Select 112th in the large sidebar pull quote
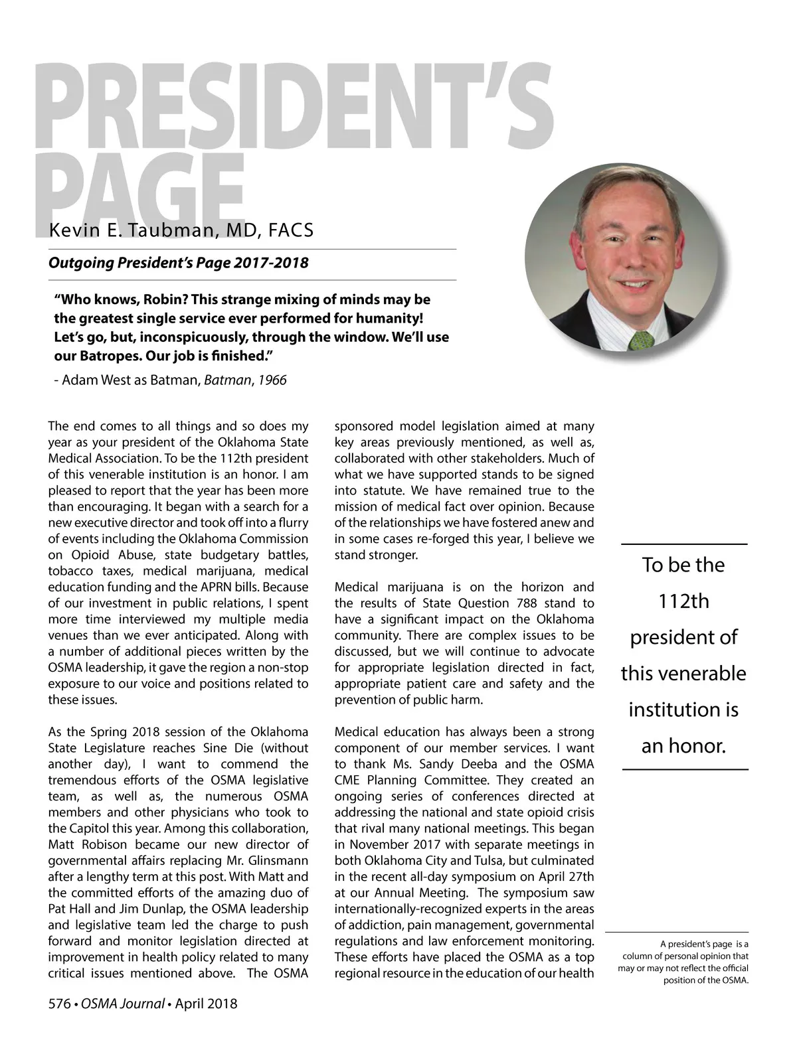tap(683, 601)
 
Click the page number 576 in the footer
tap(59, 1004)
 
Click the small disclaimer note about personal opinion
tap(684, 962)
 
